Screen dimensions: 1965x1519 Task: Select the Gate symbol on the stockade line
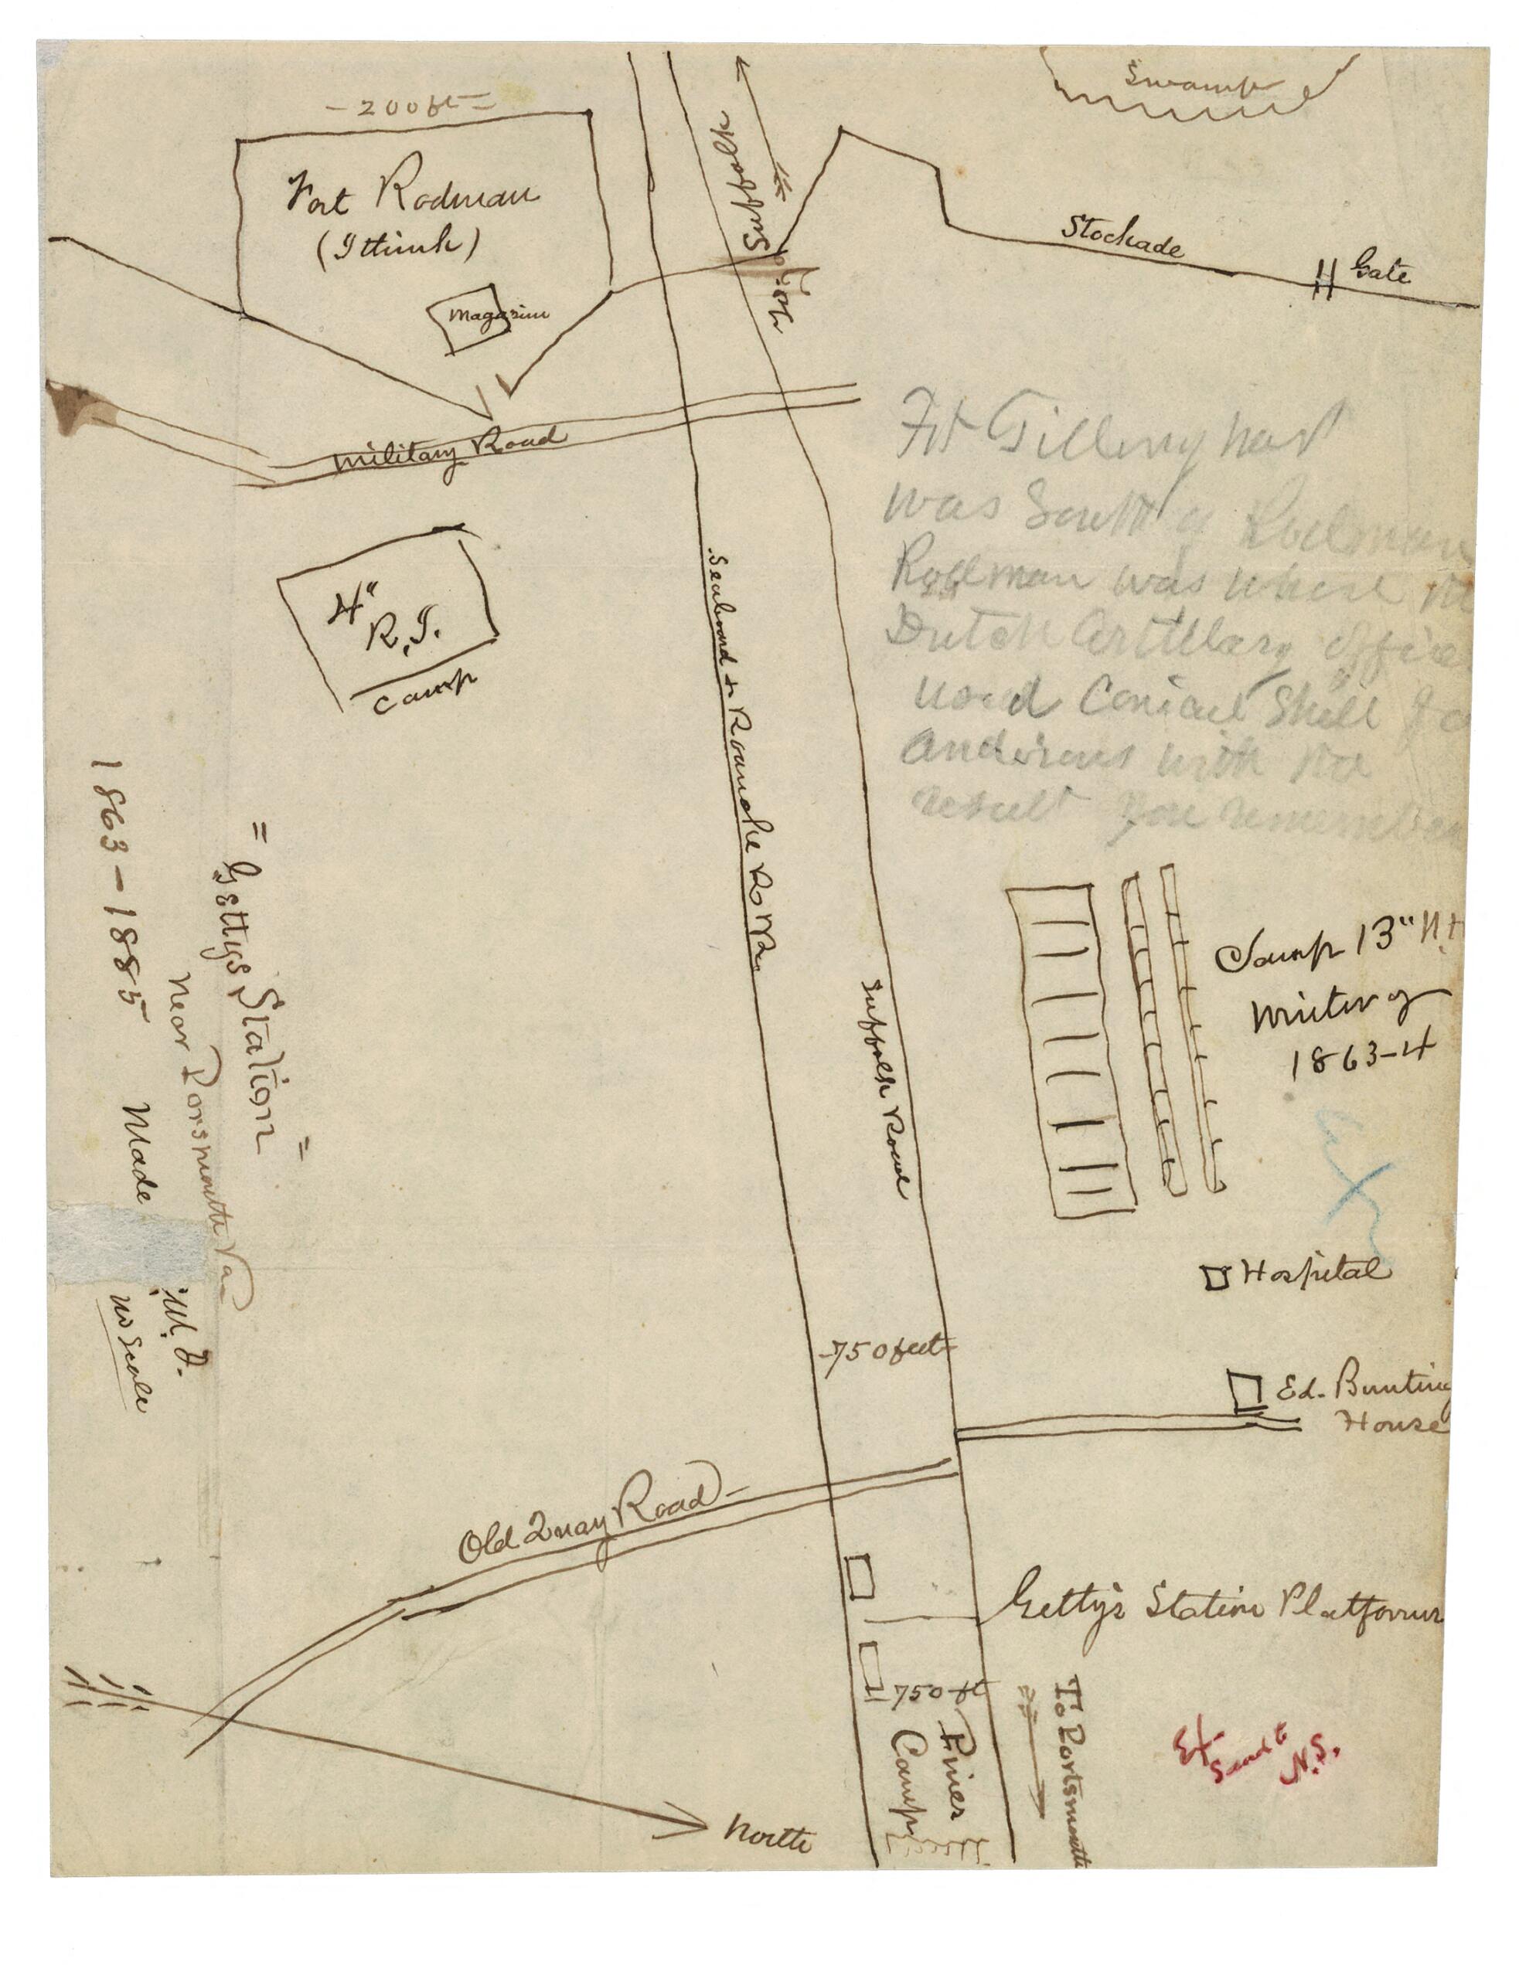pyautogui.click(x=1322, y=280)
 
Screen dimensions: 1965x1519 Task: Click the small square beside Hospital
pyautogui.click(x=1218, y=1276)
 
